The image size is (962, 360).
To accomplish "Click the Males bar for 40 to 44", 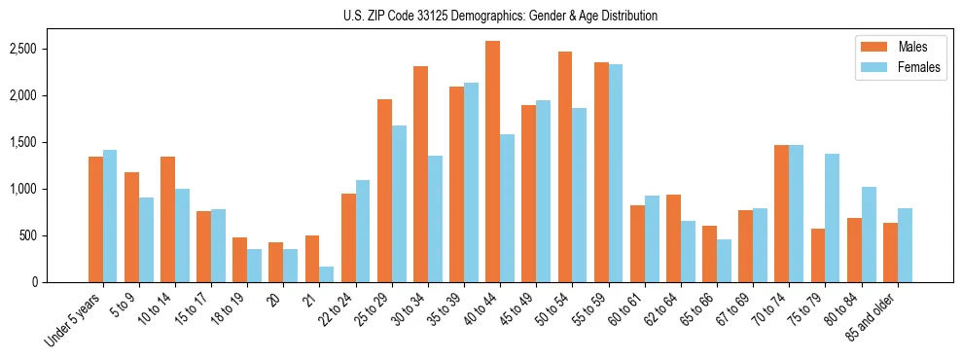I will pos(493,162).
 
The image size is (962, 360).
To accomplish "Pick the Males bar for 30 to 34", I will pos(420,174).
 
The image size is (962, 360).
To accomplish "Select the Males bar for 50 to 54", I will pos(565,166).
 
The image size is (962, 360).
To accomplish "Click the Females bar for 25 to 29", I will pos(399,203).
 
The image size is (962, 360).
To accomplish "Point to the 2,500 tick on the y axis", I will pos(35,49).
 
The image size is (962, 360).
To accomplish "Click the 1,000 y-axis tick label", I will pos(35,189).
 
